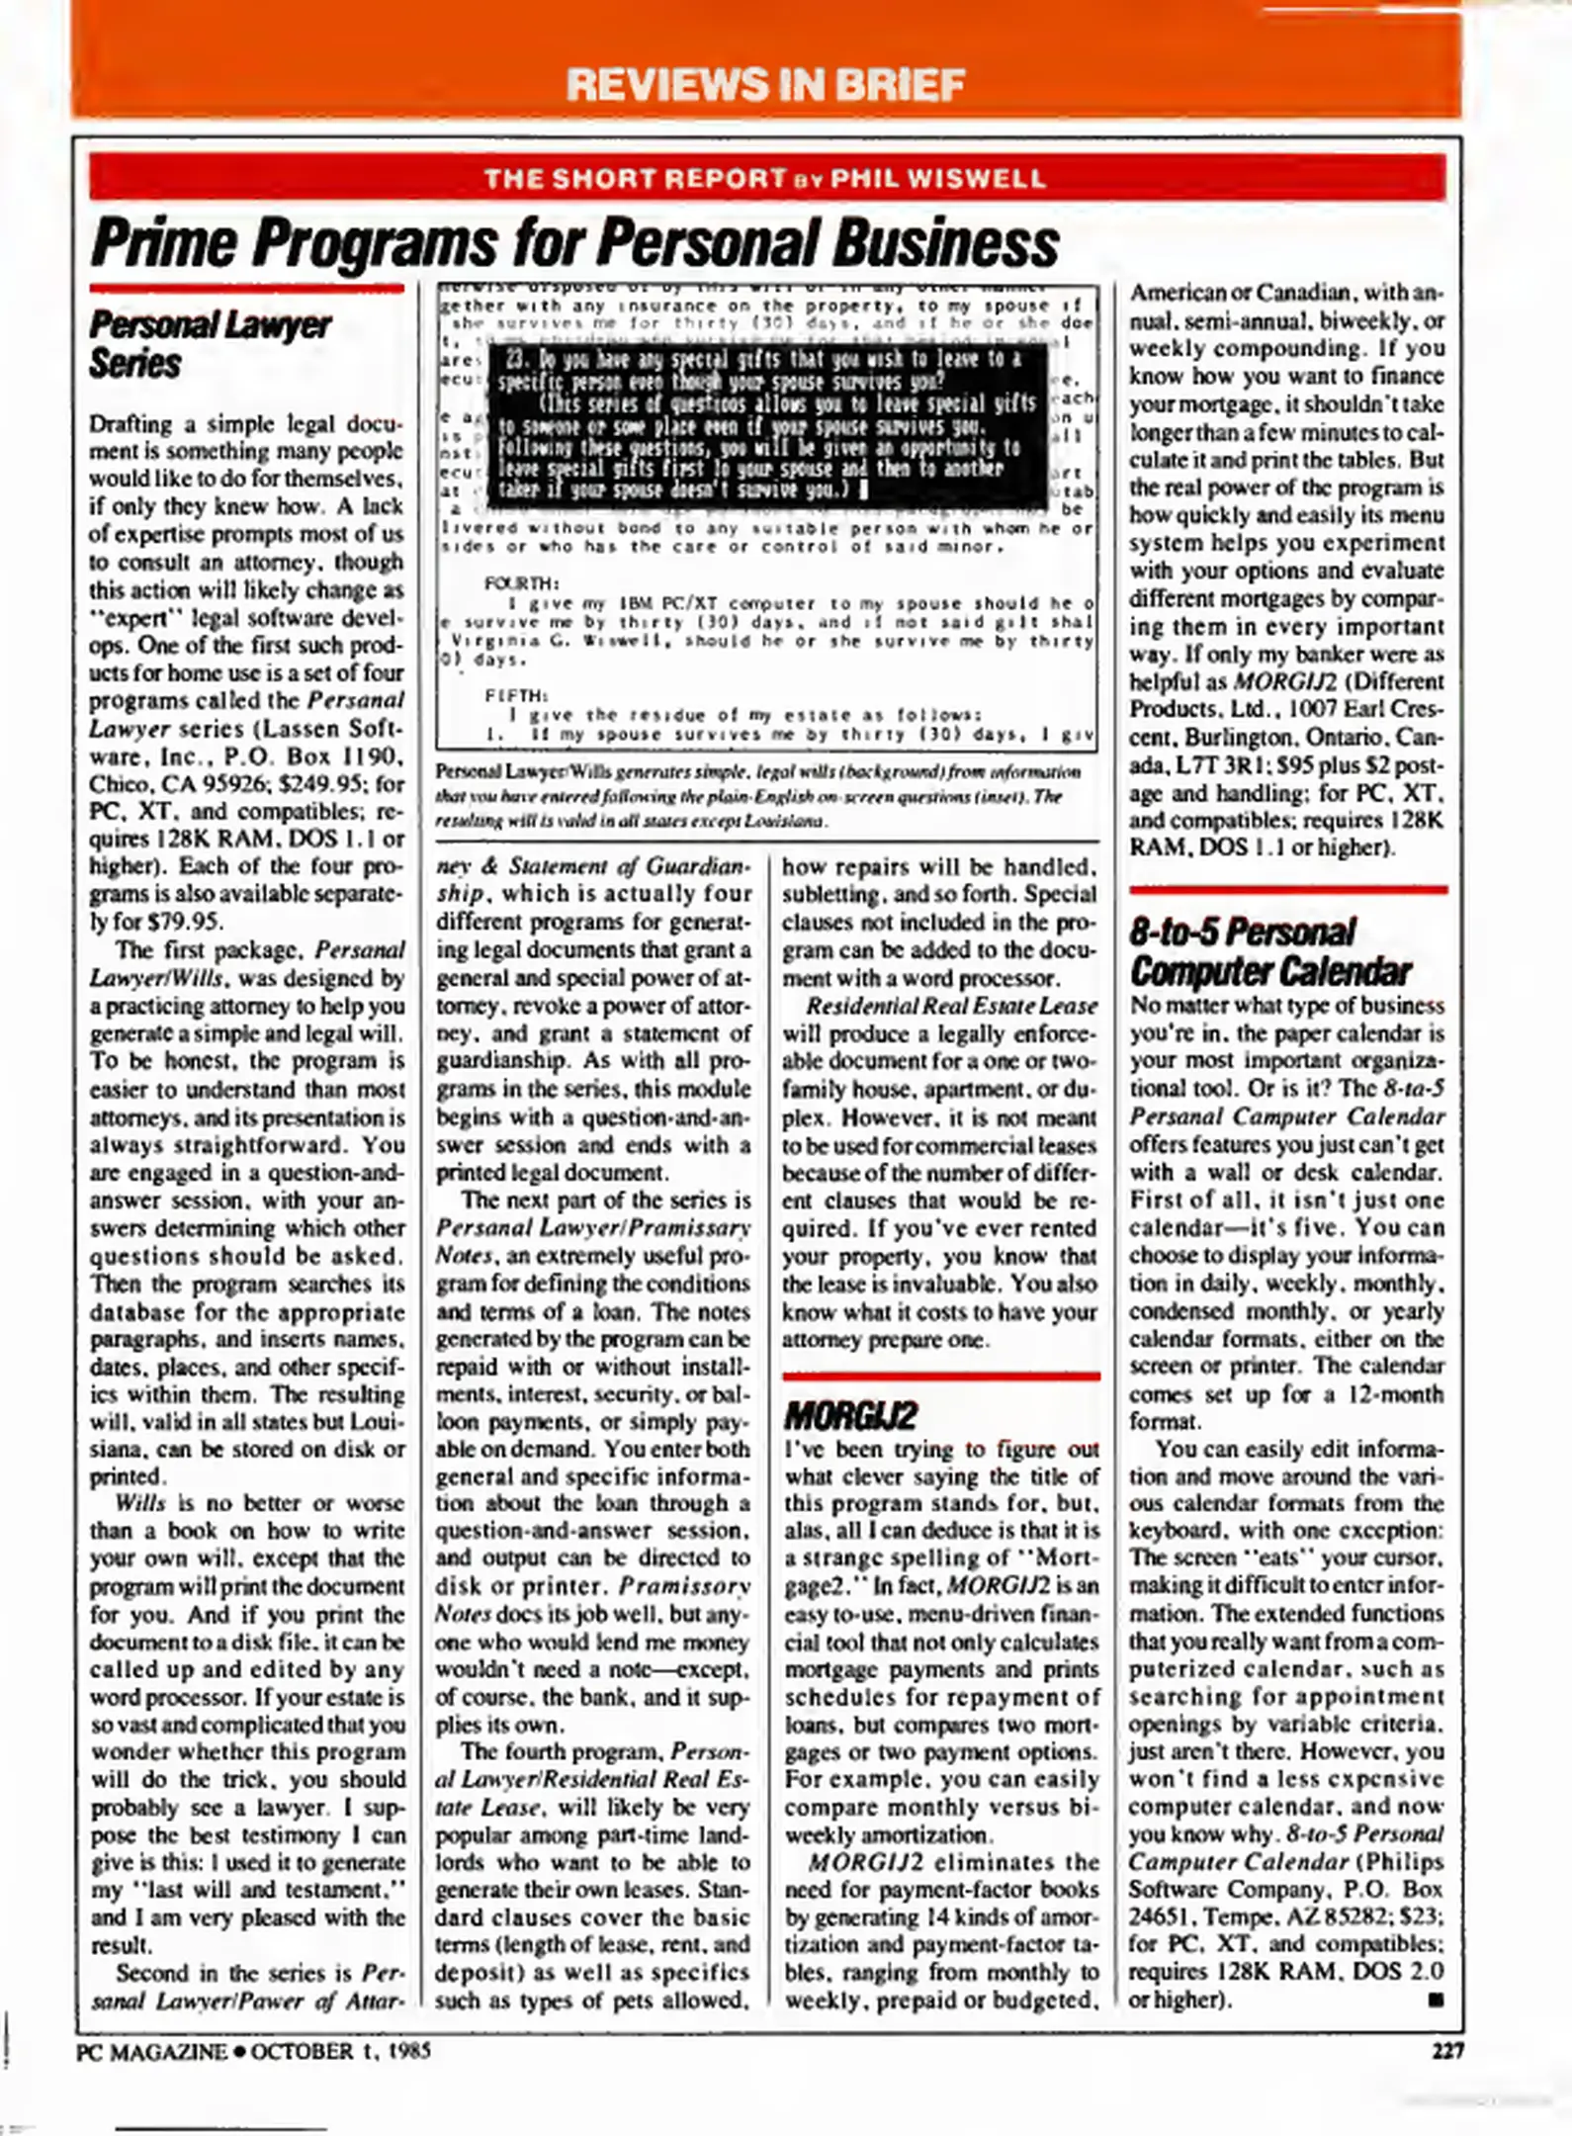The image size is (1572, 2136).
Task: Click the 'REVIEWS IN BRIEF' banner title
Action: (x=765, y=84)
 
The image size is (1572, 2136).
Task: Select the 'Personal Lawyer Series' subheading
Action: (x=210, y=344)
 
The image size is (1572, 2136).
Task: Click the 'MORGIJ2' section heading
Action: (x=850, y=1416)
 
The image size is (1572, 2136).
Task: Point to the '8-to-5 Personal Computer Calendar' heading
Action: (x=1269, y=952)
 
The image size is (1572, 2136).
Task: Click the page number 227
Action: (x=1447, y=2050)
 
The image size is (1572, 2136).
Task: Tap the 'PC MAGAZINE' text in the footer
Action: (x=151, y=2051)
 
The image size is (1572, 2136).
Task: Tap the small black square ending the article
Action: (x=1436, y=2000)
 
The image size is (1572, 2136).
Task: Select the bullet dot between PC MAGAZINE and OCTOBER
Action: (x=239, y=2051)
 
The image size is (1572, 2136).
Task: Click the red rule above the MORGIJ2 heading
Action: (x=940, y=1376)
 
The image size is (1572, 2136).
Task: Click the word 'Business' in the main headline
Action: (x=944, y=243)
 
